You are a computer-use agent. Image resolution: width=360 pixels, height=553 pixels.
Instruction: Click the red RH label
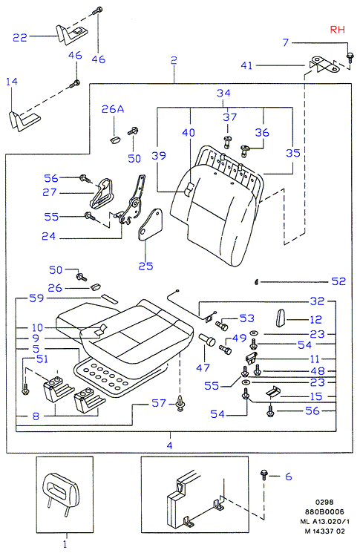[337, 30]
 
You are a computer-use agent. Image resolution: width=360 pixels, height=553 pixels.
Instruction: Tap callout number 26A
[113, 109]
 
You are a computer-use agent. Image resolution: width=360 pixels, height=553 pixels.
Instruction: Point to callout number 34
[223, 93]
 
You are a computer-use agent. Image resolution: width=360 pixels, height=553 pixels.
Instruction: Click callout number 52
[338, 281]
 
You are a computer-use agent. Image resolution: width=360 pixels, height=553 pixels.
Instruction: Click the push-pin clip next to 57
[181, 404]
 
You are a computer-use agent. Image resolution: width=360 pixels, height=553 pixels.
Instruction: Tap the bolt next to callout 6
[264, 474]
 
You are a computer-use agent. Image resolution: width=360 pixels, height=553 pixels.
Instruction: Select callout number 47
[203, 368]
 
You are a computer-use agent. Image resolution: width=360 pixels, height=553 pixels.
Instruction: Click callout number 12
[315, 319]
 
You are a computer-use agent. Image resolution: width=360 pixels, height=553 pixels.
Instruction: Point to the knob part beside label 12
[281, 318]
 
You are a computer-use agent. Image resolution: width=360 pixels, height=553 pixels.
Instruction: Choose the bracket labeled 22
[71, 34]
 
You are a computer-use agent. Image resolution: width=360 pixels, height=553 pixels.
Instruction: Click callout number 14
[12, 82]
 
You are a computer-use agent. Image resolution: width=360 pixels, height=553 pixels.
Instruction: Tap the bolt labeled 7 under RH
[350, 58]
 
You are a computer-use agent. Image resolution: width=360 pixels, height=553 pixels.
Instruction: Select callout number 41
[246, 65]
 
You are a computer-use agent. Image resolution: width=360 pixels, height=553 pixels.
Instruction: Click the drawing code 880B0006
[324, 511]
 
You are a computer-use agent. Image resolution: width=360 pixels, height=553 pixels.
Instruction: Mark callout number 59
[36, 298]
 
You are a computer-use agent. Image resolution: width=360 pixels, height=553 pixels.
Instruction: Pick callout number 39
[159, 156]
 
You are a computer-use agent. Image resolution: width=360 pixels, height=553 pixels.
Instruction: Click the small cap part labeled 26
[95, 287]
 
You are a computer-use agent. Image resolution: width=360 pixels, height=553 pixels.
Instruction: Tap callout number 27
[50, 192]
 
